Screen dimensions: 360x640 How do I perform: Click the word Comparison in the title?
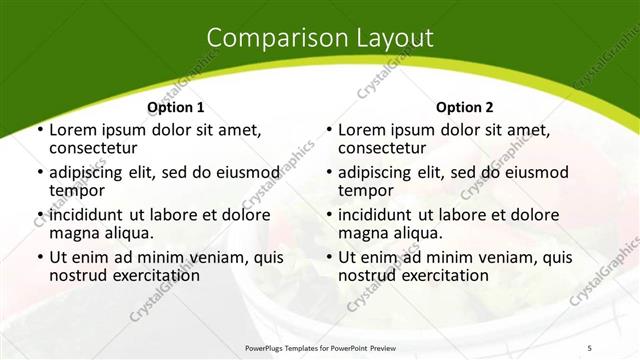pyautogui.click(x=269, y=38)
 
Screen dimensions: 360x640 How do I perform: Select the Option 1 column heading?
pyautogui.click(x=176, y=107)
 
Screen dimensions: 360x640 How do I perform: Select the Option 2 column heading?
pyautogui.click(x=465, y=107)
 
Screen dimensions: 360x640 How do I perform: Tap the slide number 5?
pyautogui.click(x=618, y=348)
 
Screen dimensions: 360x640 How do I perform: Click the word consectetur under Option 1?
pyautogui.click(x=96, y=148)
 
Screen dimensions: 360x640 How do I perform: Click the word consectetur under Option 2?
pyautogui.click(x=385, y=148)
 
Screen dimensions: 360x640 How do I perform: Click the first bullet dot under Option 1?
pyautogui.click(x=39, y=131)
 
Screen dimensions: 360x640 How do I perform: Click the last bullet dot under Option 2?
pyautogui.click(x=328, y=258)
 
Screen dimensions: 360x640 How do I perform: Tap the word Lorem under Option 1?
pyautogui.click(x=73, y=130)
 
